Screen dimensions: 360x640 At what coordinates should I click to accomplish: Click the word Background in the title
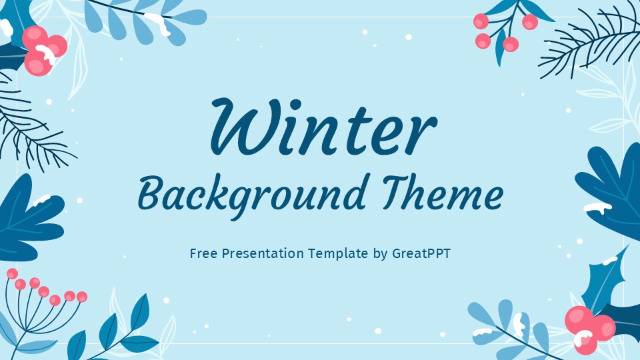click(x=252, y=193)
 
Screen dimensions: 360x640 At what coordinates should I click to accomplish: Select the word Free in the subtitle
click(x=202, y=254)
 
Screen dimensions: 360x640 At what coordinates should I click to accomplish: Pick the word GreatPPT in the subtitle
click(x=421, y=254)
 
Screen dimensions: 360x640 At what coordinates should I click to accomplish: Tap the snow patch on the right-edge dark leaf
click(x=597, y=207)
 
